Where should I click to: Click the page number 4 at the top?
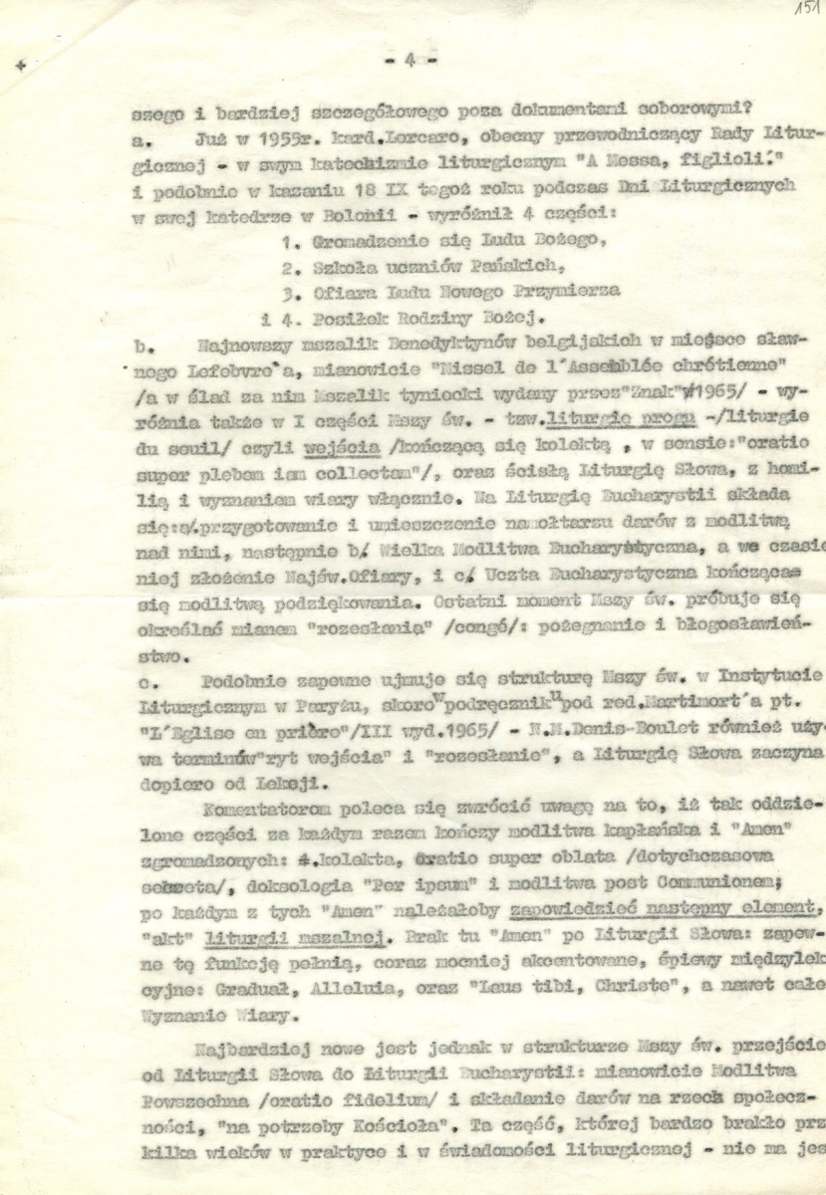pyautogui.click(x=410, y=61)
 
